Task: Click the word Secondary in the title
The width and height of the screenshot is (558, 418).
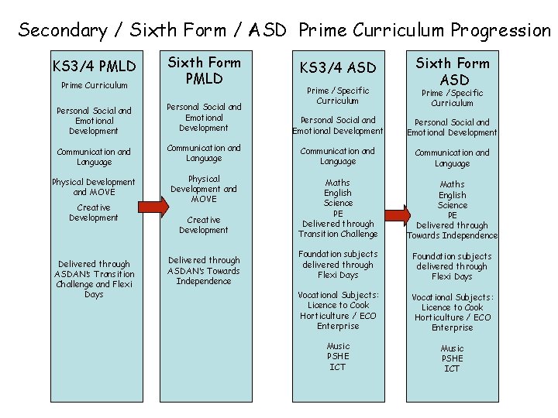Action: pos(62,31)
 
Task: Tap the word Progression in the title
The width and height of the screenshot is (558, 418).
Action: pos(501,31)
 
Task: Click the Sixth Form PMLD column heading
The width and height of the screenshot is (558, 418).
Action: pos(204,70)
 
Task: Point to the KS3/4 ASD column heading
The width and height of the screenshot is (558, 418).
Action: pos(338,68)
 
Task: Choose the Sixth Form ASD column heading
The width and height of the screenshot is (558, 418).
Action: pos(453,71)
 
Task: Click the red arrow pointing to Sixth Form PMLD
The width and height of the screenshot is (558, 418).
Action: pos(157,206)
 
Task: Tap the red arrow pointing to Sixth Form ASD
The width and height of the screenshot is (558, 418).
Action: pos(398,214)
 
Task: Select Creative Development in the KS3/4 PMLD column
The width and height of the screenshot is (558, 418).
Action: pos(93,213)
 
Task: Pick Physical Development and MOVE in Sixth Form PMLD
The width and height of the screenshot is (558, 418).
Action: pos(204,189)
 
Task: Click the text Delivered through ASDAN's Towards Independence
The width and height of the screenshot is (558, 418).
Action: pos(204,271)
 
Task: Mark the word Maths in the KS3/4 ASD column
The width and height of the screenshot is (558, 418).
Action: pos(338,183)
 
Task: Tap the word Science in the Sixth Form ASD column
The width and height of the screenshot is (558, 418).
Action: pos(453,205)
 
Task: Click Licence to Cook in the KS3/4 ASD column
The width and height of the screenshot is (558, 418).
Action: pos(338,306)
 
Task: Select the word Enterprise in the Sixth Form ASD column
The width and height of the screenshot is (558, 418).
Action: pos(453,328)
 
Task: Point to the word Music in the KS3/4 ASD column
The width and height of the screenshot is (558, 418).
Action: pos(338,346)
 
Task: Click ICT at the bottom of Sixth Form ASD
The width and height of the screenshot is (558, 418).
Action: pos(453,368)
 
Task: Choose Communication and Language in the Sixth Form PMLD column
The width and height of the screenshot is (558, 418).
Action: pos(204,152)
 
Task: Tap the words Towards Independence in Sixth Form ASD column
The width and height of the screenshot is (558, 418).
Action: pos(453,235)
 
